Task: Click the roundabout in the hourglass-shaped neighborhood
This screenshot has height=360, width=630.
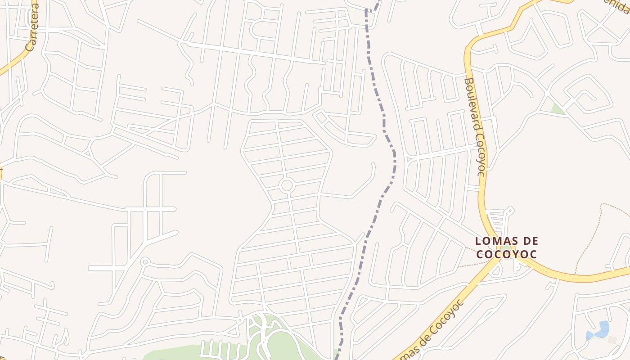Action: pos(287,185)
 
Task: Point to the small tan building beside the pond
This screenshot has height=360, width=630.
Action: pos(612,340)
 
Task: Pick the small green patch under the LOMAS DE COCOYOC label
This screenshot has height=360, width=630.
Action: pos(506,248)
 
